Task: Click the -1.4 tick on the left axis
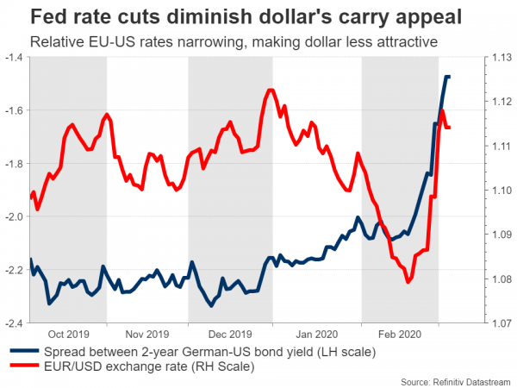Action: pyautogui.click(x=16, y=58)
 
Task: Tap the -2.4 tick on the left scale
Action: pyautogui.click(x=16, y=323)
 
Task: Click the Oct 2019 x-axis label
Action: pyautogui.click(x=68, y=334)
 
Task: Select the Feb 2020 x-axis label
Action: pyautogui.click(x=399, y=334)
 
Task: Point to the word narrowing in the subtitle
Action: pyautogui.click(x=241, y=40)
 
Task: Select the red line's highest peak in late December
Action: pyautogui.click(x=271, y=90)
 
